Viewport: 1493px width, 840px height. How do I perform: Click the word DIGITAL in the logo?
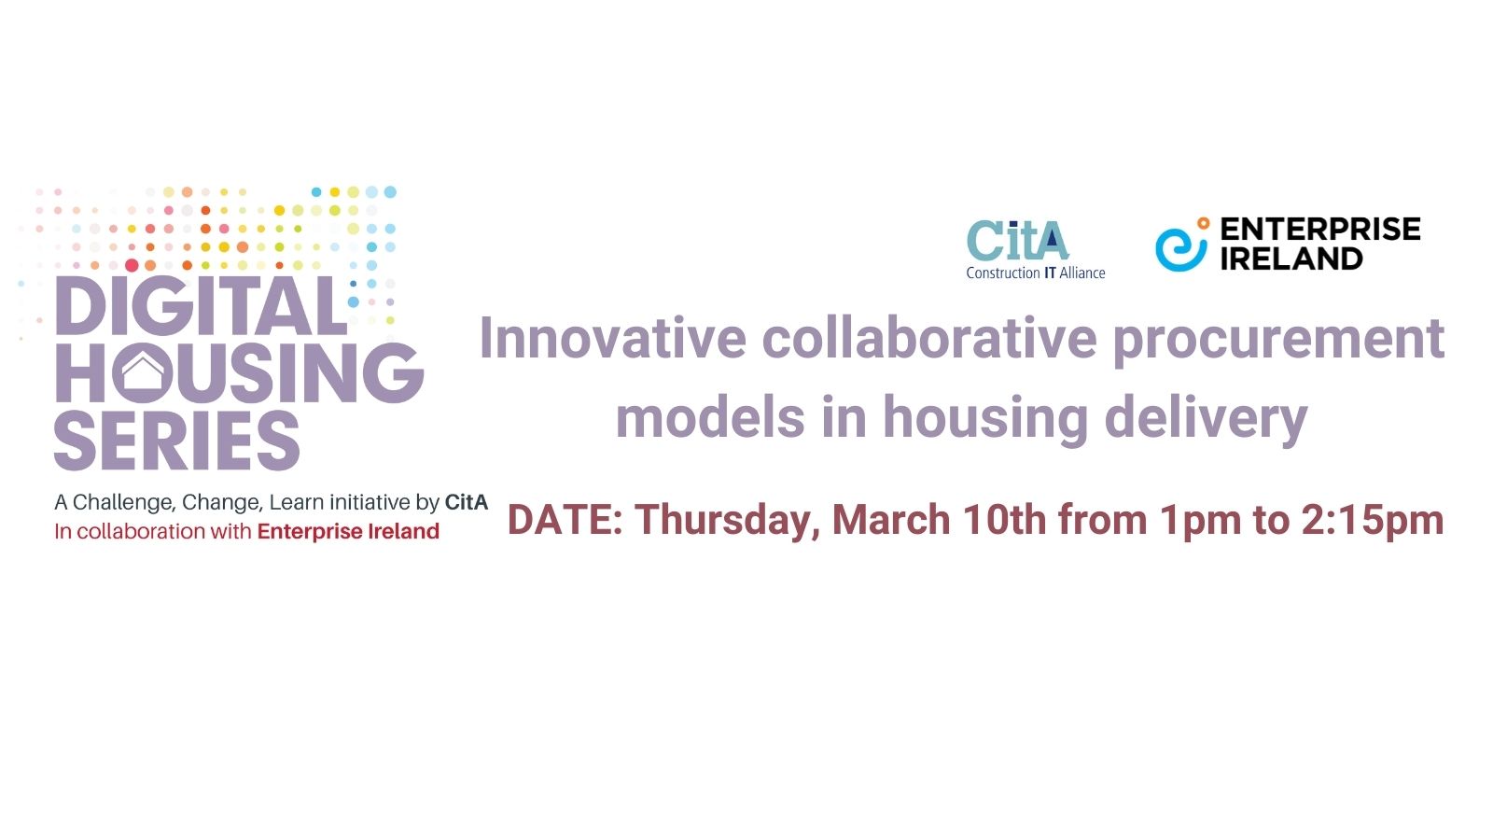(201, 306)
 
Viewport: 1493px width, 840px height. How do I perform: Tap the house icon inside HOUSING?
(142, 372)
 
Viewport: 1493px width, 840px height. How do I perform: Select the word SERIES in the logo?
(176, 441)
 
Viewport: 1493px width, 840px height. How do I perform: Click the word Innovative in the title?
(612, 338)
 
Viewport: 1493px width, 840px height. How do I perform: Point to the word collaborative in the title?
(929, 338)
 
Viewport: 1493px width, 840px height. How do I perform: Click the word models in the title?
(710, 416)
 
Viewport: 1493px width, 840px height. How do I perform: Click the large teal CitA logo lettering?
(1018, 240)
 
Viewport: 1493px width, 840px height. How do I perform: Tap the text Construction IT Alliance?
(1036, 273)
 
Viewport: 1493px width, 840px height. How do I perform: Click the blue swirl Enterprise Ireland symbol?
(1181, 245)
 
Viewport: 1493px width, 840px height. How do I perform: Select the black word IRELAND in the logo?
(1291, 259)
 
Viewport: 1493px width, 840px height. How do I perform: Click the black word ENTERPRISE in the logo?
(1320, 229)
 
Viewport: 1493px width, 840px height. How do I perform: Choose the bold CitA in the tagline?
(467, 502)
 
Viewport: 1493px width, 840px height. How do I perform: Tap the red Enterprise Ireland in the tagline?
(348, 531)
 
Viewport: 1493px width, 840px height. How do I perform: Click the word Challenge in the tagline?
(122, 503)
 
